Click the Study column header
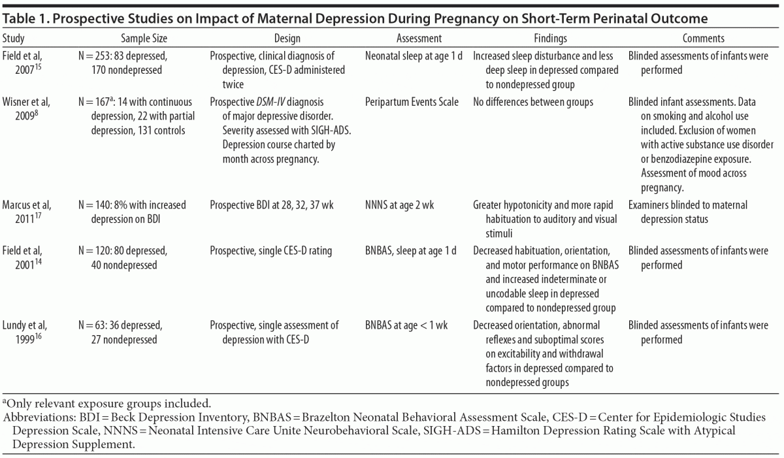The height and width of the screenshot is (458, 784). point(14,39)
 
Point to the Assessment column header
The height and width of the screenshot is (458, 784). point(419,39)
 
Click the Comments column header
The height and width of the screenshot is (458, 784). point(703,39)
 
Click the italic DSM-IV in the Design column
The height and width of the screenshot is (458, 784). point(272,102)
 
